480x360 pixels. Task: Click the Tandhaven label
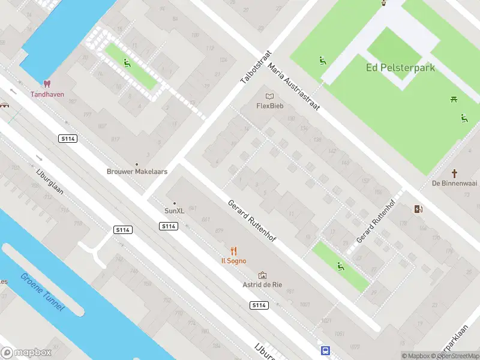[47, 94]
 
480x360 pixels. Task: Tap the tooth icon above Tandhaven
[47, 85]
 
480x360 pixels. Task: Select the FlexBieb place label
[269, 106]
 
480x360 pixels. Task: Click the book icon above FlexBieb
[269, 96]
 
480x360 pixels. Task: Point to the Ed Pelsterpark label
[400, 68]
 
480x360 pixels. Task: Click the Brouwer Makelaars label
[137, 172]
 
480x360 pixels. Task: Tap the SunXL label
[175, 211]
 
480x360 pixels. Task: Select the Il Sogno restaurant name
[234, 261]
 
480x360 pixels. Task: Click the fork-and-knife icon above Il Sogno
[234, 251]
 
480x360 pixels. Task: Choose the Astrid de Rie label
[262, 285]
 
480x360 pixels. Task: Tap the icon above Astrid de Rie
[262, 275]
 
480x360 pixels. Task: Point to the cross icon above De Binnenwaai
[455, 173]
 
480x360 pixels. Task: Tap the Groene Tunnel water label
[43, 293]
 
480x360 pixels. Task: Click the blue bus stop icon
[325, 350]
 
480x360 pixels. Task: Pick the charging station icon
[418, 209]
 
